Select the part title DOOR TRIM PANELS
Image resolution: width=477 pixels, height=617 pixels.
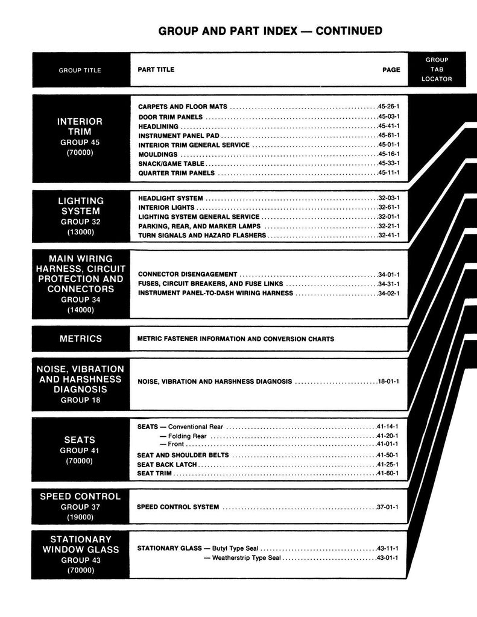(x=171, y=116)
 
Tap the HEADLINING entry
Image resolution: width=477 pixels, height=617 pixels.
(x=158, y=127)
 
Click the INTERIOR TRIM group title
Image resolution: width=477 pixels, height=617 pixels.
(x=80, y=126)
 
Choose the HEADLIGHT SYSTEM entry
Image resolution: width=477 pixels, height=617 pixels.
(x=171, y=198)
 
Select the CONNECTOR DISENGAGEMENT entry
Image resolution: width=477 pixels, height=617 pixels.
(x=188, y=274)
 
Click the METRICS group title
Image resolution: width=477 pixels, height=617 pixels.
(x=81, y=339)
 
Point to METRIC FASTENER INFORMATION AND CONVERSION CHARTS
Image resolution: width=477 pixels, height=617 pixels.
(x=236, y=339)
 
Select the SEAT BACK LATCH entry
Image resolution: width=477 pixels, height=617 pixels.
(x=167, y=465)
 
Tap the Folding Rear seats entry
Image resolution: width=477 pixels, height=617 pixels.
(x=187, y=436)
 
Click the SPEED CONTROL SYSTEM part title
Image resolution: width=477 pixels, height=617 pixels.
(x=178, y=507)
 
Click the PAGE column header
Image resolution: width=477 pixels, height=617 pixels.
(x=391, y=70)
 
